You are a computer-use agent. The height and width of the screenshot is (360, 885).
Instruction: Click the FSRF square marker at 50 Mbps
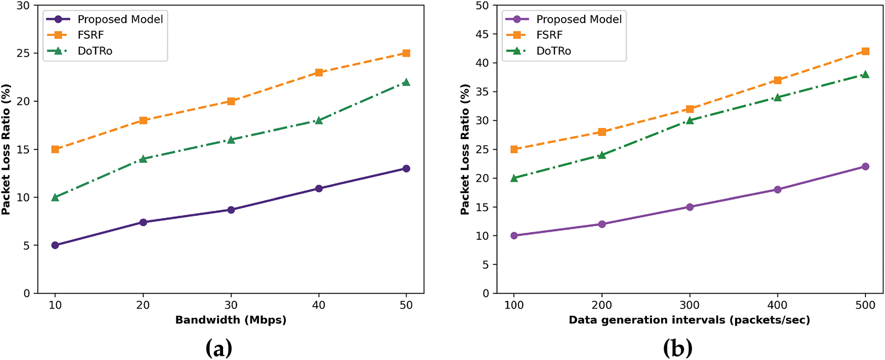pos(406,53)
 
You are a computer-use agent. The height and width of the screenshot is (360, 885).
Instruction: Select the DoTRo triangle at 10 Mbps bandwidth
pos(55,197)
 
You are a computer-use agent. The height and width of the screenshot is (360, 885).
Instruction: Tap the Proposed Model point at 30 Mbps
pos(231,210)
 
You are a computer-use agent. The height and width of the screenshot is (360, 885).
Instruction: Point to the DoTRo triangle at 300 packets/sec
pos(689,120)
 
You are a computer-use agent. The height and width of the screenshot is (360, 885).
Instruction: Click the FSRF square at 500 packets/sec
pos(865,52)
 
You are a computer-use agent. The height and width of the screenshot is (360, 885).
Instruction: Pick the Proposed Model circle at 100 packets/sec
pos(514,236)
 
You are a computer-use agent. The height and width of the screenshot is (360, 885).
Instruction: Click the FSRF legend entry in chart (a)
pos(91,35)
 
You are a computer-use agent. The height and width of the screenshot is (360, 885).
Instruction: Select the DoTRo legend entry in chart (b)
pos(553,51)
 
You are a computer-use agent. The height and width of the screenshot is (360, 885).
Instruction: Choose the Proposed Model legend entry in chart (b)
pos(578,19)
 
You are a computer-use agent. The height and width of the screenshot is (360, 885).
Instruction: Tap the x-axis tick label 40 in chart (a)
pos(319,305)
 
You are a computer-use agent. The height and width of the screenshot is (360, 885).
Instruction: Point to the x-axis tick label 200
pos(602,305)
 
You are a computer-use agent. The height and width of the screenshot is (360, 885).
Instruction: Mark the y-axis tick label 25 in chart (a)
pos(23,53)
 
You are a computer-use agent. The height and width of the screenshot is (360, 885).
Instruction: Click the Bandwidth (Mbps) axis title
pos(230,320)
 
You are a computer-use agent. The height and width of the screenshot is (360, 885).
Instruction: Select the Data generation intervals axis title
pos(689,320)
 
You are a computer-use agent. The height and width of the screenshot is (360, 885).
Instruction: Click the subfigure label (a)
pos(218,348)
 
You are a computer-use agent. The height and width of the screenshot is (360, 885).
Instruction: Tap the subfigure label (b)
pos(677,348)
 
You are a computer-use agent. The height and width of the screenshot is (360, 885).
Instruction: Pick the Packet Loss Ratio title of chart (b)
pos(465,150)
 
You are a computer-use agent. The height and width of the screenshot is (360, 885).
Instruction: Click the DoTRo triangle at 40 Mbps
pos(319,120)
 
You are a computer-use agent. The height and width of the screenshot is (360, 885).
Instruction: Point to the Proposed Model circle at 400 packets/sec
pos(777,190)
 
